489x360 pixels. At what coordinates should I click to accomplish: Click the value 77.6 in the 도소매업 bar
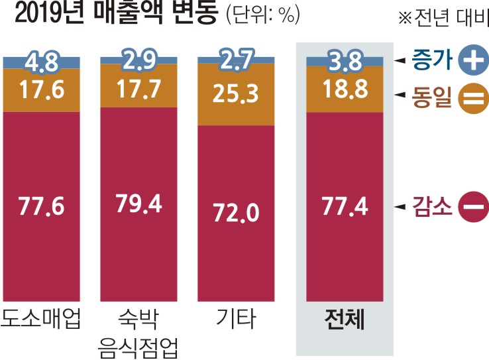(x=41, y=206)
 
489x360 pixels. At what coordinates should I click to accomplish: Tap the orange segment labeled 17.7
(x=138, y=88)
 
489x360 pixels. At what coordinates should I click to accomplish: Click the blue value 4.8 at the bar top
(x=41, y=62)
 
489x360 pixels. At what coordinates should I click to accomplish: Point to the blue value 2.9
(x=138, y=60)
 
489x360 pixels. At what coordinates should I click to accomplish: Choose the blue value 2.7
(x=236, y=60)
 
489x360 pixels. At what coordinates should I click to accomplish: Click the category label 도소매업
(x=41, y=320)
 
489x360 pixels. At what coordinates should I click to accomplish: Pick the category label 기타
(x=236, y=320)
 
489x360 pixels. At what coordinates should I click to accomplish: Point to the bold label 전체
(x=345, y=320)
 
